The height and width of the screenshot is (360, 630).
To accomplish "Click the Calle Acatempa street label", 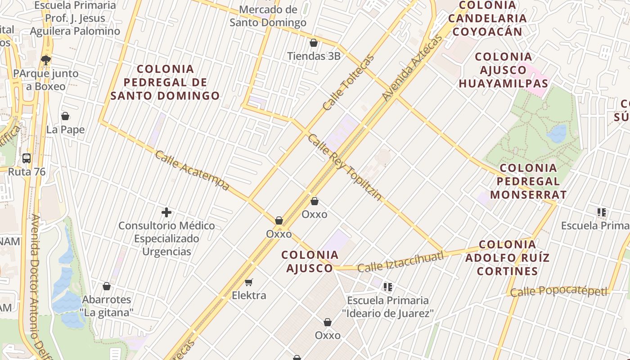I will [x=192, y=171].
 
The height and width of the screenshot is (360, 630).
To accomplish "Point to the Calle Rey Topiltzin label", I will [x=345, y=167].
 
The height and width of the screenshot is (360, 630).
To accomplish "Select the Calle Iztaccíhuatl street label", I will [x=400, y=261].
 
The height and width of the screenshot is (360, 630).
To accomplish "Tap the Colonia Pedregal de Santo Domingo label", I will [x=165, y=82].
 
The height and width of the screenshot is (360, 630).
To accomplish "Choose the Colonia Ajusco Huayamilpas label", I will [x=504, y=70].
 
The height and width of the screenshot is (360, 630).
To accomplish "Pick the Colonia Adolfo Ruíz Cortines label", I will [x=508, y=258].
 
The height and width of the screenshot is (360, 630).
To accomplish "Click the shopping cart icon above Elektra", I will [x=249, y=283].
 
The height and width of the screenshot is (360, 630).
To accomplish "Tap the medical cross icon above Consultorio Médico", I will [x=166, y=212].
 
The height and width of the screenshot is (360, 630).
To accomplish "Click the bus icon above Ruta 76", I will [x=27, y=158].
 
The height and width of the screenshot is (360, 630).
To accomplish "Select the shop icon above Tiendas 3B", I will [x=314, y=43].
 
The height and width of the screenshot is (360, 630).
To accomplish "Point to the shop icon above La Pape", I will [x=65, y=116].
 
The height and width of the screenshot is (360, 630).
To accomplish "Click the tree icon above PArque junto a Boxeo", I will [x=45, y=60].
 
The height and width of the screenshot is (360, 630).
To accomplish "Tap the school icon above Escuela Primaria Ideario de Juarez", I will [x=388, y=287].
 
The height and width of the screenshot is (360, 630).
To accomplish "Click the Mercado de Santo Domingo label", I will [x=268, y=16].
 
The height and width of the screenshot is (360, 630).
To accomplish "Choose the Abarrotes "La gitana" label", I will [x=107, y=306].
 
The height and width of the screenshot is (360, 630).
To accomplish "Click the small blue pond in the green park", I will [x=557, y=134].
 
